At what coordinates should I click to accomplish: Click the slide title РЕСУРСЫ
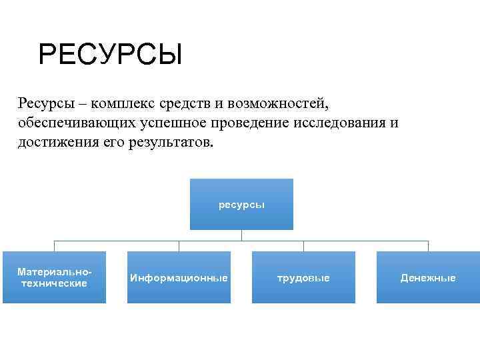[x=110, y=54]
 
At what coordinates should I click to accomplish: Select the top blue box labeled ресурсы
[x=241, y=205]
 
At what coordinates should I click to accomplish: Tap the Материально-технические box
[x=54, y=277]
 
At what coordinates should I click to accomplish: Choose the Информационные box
[x=179, y=277]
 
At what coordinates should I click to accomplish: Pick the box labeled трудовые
[x=303, y=277]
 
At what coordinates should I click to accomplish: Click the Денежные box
[x=428, y=277]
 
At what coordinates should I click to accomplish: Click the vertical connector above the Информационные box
[x=179, y=246]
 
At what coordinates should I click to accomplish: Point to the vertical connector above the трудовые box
[x=303, y=246]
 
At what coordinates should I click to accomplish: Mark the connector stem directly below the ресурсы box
[x=241, y=235]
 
